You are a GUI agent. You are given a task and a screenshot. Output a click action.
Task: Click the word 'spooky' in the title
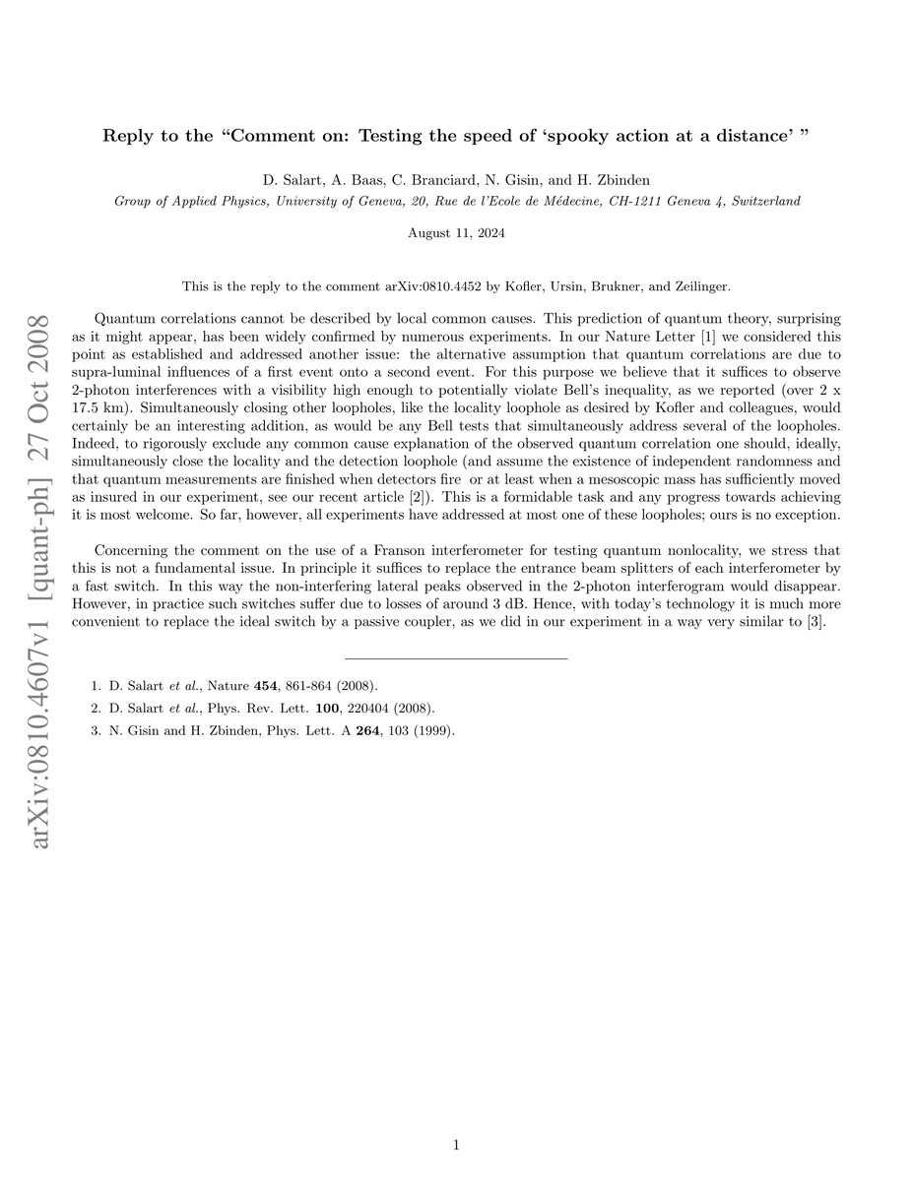pyautogui.click(x=576, y=136)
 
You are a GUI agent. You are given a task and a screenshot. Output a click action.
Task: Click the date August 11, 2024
pyautogui.click(x=456, y=232)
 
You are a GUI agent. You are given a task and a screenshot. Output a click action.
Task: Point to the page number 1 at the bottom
pyautogui.click(x=457, y=1145)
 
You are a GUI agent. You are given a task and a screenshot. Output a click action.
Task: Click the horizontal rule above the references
pyautogui.click(x=456, y=657)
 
